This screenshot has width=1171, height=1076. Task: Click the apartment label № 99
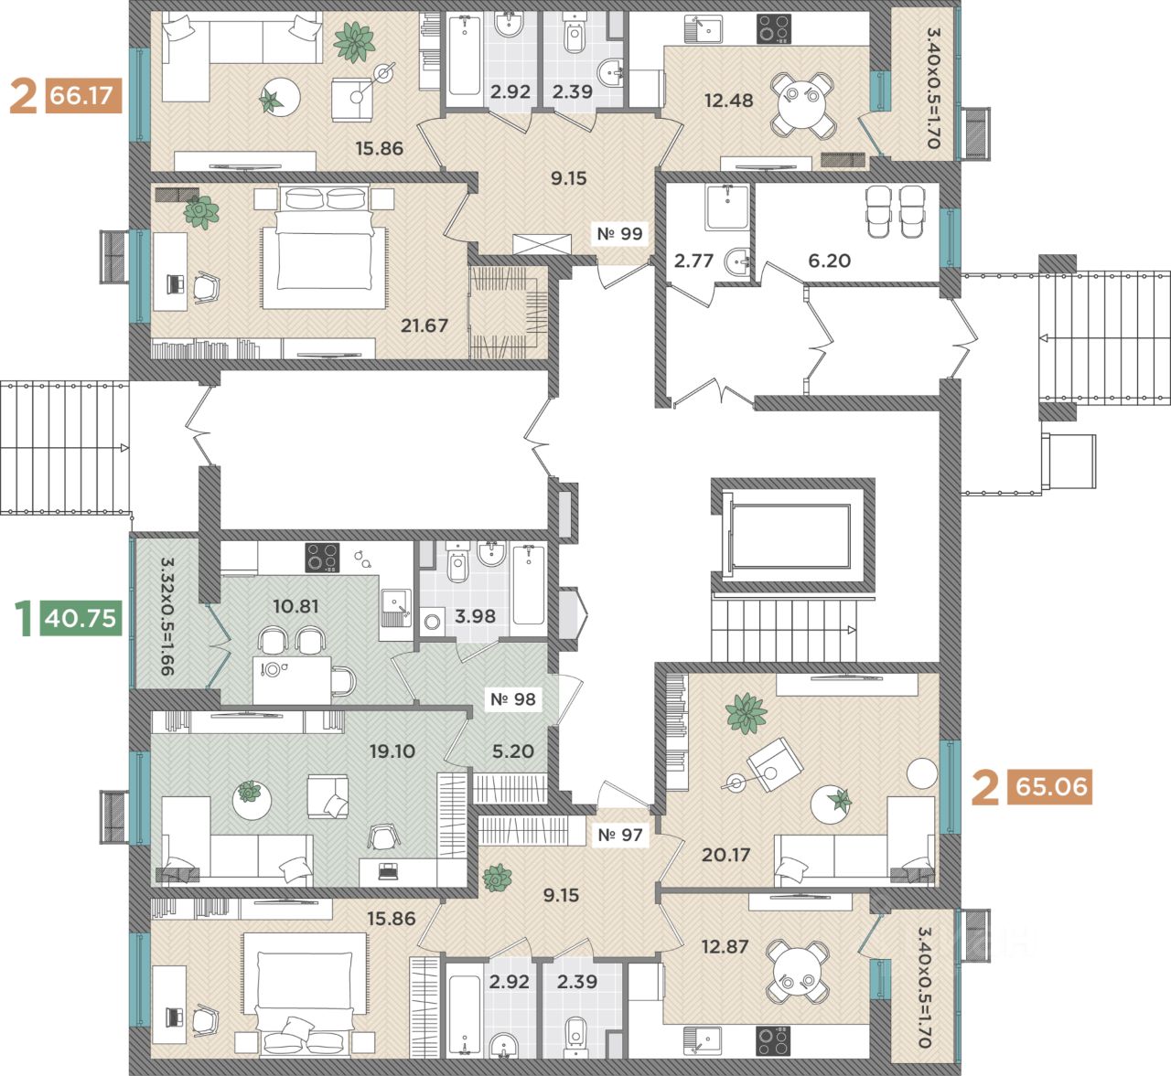(619, 234)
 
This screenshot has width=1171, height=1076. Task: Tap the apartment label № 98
(512, 699)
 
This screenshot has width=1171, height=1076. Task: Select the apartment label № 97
(619, 835)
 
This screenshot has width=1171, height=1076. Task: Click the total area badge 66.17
(83, 95)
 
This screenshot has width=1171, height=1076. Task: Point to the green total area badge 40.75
(81, 617)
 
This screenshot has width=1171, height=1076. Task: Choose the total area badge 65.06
(1050, 788)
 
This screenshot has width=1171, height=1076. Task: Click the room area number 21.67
(424, 325)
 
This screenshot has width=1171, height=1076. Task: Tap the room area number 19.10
(392, 751)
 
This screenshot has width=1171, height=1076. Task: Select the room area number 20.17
(725, 856)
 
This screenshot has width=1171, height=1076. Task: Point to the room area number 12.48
(728, 101)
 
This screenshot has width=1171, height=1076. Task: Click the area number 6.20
(829, 261)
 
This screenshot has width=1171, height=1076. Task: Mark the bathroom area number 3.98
(475, 616)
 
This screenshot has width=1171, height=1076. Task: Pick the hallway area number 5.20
(513, 751)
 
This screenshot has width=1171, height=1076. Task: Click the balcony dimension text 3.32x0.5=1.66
(167, 617)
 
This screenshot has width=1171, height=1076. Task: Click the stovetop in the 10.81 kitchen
(322, 558)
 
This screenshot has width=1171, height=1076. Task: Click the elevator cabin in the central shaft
(791, 537)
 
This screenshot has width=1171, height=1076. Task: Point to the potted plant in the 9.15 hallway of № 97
(498, 877)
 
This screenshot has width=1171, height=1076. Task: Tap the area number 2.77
(693, 261)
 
